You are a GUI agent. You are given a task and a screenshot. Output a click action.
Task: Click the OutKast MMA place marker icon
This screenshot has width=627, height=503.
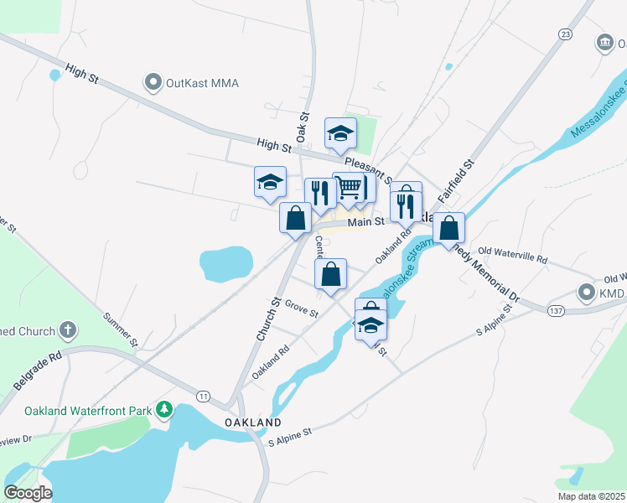pos(153,83)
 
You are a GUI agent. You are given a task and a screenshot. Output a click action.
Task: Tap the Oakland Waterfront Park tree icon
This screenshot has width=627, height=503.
pos(166,410)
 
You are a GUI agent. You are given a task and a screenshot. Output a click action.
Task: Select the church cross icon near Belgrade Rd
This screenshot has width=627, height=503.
pos(68,331)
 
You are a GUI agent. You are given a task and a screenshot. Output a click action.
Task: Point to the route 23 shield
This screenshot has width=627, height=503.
pos(566,34)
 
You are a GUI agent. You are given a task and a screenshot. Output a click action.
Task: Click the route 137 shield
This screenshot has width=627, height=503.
pos(555,311)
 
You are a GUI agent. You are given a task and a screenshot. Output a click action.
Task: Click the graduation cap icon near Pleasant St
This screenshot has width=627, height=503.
pos(341,132)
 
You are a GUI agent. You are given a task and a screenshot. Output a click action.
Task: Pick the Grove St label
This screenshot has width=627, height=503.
pos(301,309)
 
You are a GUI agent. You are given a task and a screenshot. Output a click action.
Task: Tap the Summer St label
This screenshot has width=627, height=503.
pos(120,329)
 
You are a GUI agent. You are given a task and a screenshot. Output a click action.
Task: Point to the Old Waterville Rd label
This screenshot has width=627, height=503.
pos(511,251)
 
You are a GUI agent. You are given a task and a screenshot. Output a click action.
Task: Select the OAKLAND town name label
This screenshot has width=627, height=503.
pos(253,422)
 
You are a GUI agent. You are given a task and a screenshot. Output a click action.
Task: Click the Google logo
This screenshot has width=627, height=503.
pos(28,493)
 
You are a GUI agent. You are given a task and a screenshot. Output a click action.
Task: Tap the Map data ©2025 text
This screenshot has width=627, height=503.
pos(590,496)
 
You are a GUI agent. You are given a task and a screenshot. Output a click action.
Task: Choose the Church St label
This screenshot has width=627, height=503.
pos(267,319)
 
